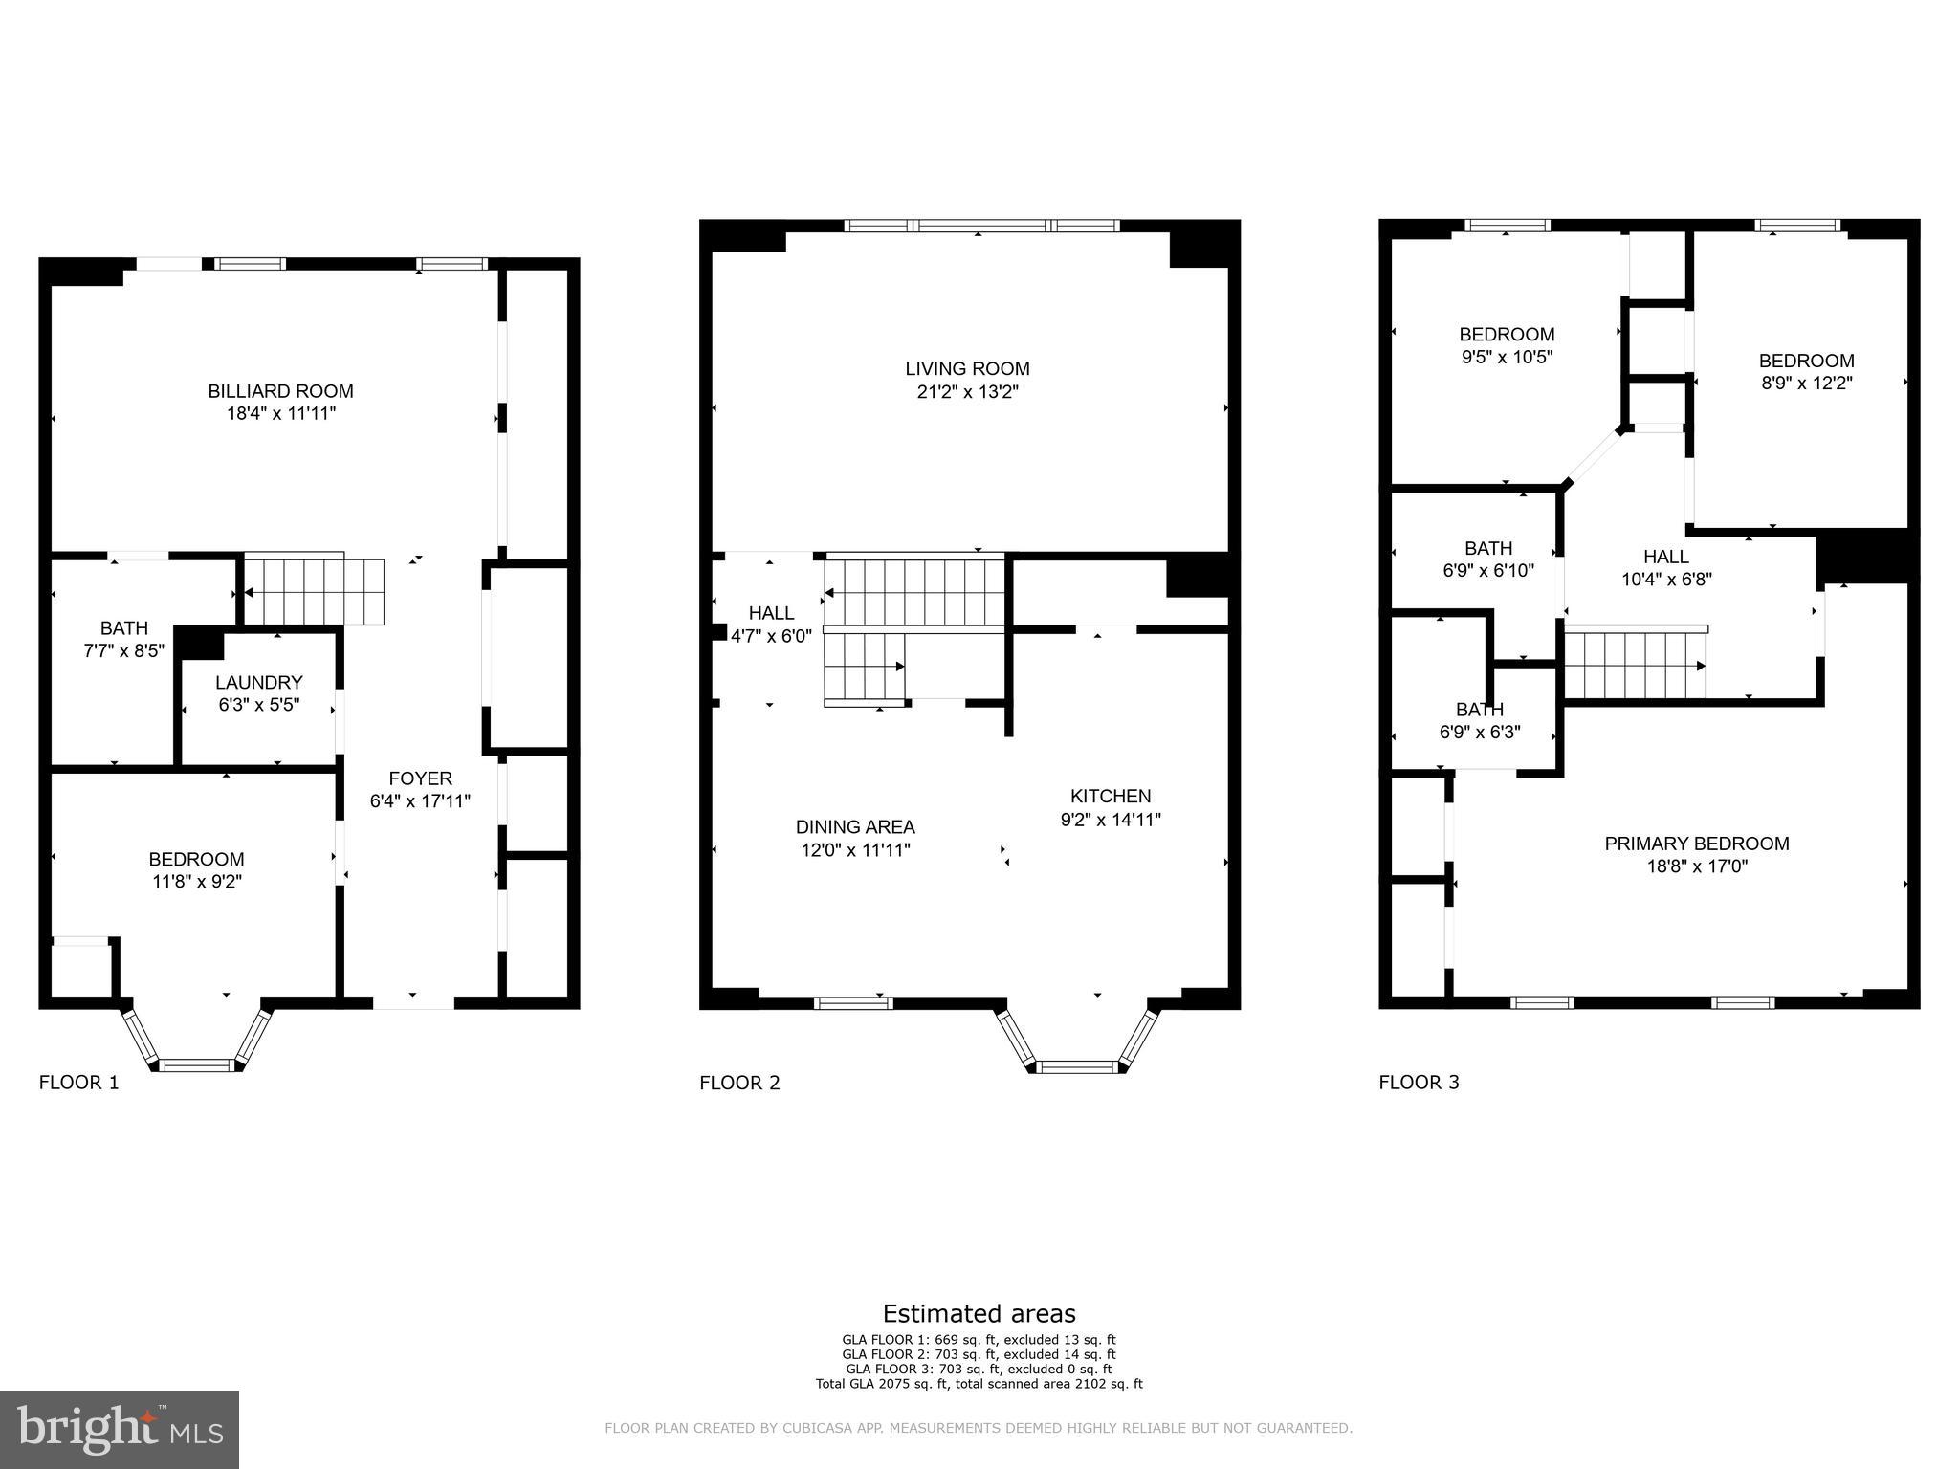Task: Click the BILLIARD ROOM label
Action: pyautogui.click(x=280, y=391)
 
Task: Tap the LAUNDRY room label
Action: pyautogui.click(x=258, y=683)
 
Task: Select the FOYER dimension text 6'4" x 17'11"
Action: pyautogui.click(x=420, y=801)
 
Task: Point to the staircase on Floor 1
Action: pyautogui.click(x=314, y=590)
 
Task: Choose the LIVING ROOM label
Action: pyautogui.click(x=967, y=369)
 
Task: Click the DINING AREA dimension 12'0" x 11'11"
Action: pyautogui.click(x=855, y=850)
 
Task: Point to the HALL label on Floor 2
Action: pyautogui.click(x=771, y=613)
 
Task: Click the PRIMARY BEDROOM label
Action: pyautogui.click(x=1696, y=844)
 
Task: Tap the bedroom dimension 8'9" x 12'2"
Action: pyautogui.click(x=1806, y=384)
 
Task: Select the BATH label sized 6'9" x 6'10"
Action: pyautogui.click(x=1488, y=549)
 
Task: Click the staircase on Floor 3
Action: pyautogui.click(x=1635, y=664)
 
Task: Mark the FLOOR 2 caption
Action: pyautogui.click(x=739, y=1083)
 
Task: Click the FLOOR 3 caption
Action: pyautogui.click(x=1419, y=1083)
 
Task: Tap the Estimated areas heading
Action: pyautogui.click(x=979, y=1313)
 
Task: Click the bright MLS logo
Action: pyautogui.click(x=120, y=1429)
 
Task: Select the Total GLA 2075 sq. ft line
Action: pyautogui.click(x=979, y=1384)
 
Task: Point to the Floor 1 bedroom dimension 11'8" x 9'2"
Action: pyautogui.click(x=196, y=882)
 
